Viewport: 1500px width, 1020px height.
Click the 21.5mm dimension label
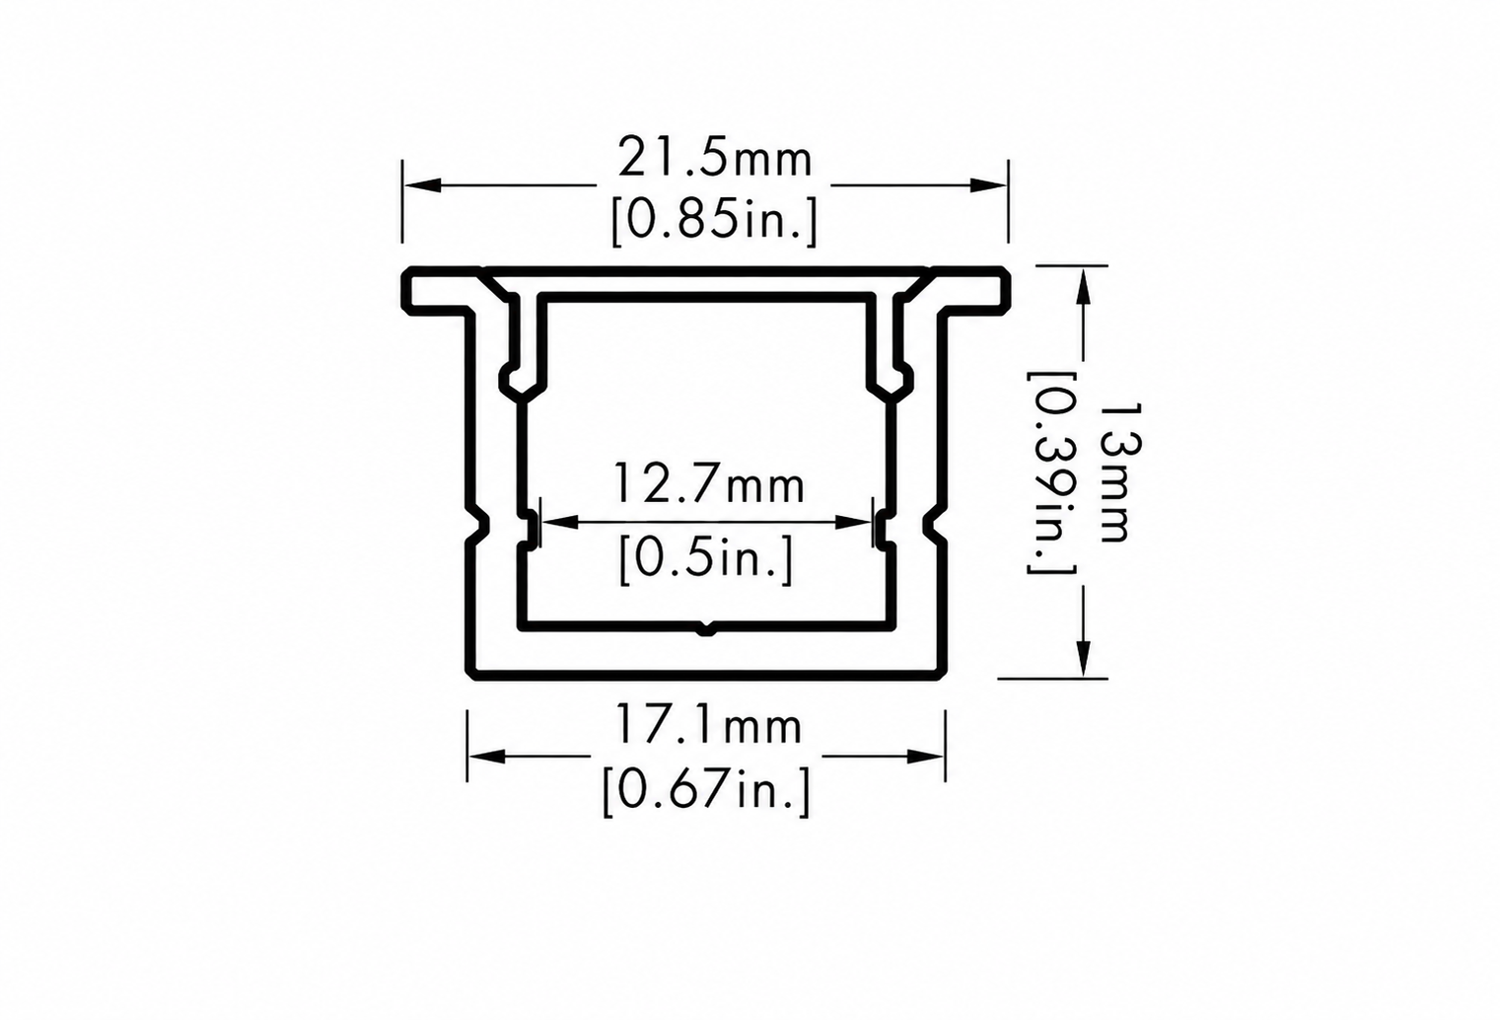[x=715, y=156]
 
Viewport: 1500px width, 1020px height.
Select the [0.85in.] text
[x=715, y=221]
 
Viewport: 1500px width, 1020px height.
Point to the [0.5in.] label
[x=706, y=560]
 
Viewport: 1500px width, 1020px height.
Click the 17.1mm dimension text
[x=708, y=725]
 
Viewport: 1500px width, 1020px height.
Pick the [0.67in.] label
[x=706, y=791]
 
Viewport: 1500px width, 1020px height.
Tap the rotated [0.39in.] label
[x=1051, y=474]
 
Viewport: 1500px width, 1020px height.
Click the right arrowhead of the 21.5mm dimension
[x=988, y=185]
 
